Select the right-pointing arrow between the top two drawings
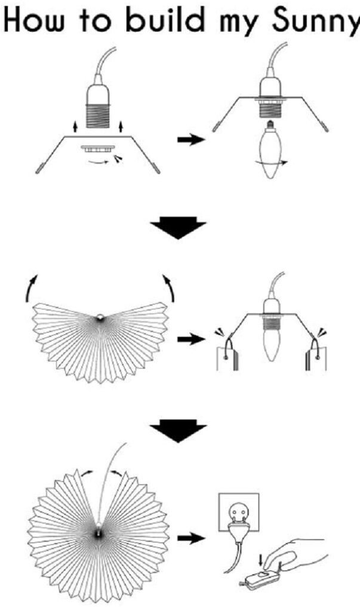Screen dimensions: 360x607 (x=190, y=140)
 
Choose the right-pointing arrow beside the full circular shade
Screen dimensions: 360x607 (x=190, y=538)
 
